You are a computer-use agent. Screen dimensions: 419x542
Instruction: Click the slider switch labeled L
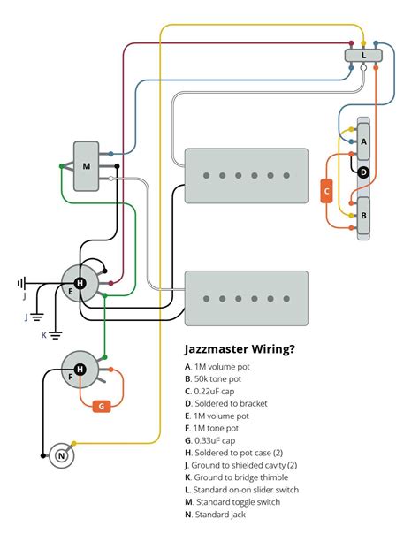pos(363,56)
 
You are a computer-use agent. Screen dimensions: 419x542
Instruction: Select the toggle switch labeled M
pos(86,166)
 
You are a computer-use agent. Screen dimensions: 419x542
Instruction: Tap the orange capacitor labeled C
pos(326,191)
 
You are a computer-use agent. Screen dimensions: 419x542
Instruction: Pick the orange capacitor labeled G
pos(102,406)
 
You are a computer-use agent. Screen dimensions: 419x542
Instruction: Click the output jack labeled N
pos(62,456)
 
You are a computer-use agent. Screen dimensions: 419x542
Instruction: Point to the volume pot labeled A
pos(363,141)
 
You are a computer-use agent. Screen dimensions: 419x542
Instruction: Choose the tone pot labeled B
pos(363,216)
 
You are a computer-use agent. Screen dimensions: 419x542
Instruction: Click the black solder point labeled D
pos(363,172)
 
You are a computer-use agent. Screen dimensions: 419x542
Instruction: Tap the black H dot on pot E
pos(80,284)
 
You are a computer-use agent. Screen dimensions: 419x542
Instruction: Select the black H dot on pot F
pos(80,370)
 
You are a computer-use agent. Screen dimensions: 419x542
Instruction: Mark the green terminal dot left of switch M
pos(62,166)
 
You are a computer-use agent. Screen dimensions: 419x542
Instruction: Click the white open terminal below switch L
pos(363,68)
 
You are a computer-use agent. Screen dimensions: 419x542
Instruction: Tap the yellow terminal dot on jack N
pos(73,444)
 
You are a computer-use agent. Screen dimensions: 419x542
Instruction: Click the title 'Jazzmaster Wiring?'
pos(240,349)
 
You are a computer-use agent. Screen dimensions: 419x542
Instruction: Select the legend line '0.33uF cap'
pos(209,440)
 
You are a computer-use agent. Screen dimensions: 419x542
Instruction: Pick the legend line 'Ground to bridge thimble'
pos(237,477)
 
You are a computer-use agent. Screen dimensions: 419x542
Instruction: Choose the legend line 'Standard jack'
pos(215,515)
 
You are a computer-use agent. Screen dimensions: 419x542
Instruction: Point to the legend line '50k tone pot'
pos(213,378)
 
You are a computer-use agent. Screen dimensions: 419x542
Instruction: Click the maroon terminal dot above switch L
pos(351,43)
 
